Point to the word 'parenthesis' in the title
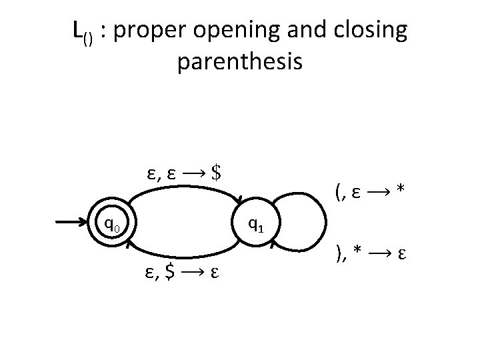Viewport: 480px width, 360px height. coord(240,62)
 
